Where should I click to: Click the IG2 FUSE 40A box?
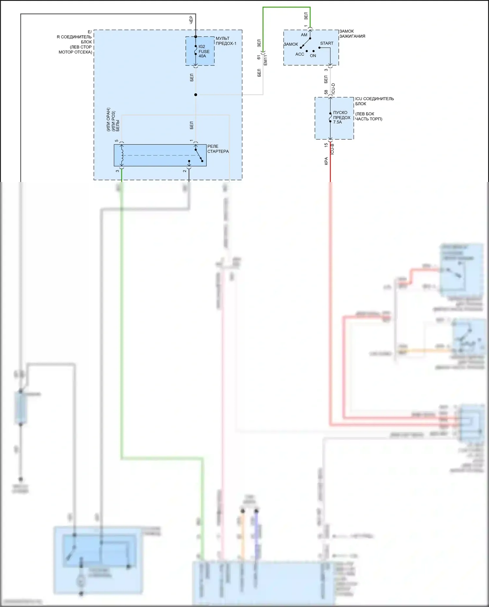(200, 51)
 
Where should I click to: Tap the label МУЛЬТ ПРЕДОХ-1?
(226, 41)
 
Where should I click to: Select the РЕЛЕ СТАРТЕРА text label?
(218, 149)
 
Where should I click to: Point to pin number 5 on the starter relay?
(117, 141)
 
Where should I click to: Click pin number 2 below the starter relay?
(185, 171)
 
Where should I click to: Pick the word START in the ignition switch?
(327, 43)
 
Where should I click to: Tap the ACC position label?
(300, 54)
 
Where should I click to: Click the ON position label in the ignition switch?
(313, 56)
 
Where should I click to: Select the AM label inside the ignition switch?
(304, 35)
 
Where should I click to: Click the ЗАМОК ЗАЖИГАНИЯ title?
(352, 34)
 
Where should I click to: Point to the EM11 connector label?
(265, 60)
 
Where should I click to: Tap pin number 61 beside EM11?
(259, 57)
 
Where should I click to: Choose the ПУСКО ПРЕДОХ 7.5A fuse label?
(342, 117)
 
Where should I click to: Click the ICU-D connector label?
(333, 89)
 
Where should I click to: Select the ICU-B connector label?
(332, 149)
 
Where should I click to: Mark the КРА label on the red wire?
(326, 161)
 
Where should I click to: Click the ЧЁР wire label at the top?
(191, 19)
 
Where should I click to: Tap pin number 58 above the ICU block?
(326, 93)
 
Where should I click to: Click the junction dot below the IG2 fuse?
(196, 95)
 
